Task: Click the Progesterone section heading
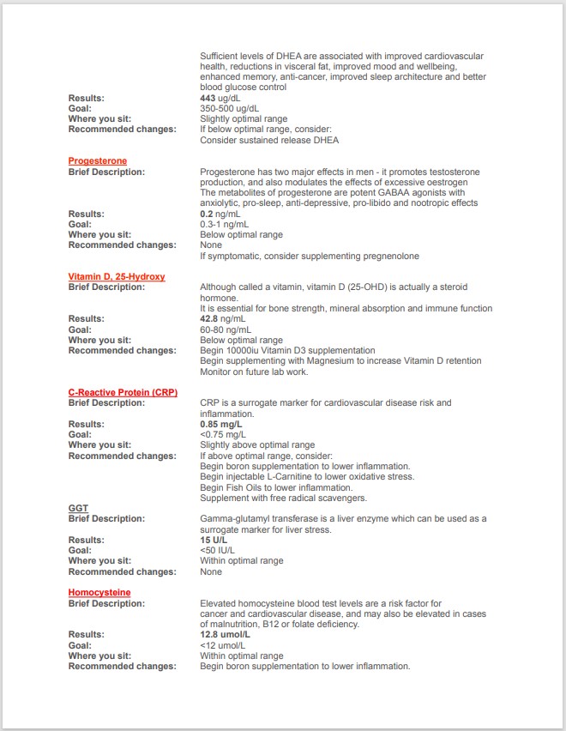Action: click(98, 161)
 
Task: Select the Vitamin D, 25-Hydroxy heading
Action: click(117, 277)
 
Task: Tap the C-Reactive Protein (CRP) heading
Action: click(122, 392)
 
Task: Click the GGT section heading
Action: click(78, 508)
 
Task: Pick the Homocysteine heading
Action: click(99, 592)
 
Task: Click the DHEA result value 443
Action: click(208, 99)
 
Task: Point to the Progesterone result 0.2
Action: click(206, 214)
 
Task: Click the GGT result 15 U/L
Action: click(214, 540)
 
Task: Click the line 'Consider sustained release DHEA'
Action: click(269, 140)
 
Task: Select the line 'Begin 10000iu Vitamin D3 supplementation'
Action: click(287, 350)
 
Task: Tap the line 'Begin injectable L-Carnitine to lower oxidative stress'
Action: click(307, 476)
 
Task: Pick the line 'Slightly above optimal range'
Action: click(257, 445)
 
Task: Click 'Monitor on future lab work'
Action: click(255, 372)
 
